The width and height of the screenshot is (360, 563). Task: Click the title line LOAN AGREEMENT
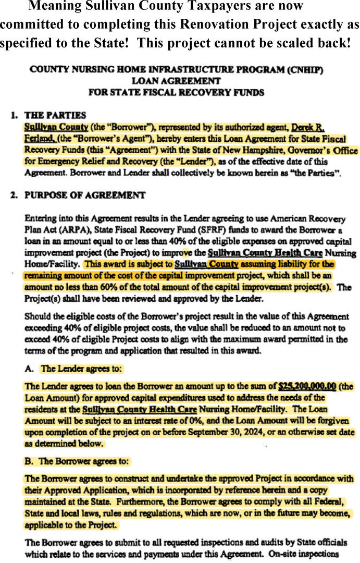176,81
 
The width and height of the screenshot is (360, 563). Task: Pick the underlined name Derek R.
308,127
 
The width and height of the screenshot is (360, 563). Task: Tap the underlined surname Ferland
40,139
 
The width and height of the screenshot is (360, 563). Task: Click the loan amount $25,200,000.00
307,386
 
